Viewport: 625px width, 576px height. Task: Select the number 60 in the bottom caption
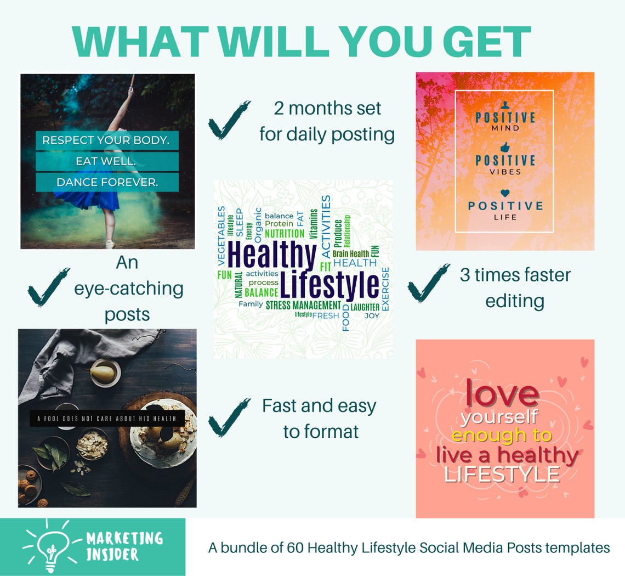[296, 547]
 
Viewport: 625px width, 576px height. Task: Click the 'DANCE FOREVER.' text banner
[107, 183]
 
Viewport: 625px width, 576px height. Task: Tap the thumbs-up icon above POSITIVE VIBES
[505, 148]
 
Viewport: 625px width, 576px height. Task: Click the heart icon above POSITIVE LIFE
[505, 193]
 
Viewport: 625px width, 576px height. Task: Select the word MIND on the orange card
[505, 128]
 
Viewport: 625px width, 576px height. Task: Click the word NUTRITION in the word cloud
[284, 234]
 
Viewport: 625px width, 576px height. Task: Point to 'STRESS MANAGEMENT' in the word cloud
[303, 305]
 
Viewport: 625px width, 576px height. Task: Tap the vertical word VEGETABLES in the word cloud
[221, 236]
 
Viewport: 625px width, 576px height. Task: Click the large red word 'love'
[502, 393]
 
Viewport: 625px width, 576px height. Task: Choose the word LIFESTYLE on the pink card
[502, 474]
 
